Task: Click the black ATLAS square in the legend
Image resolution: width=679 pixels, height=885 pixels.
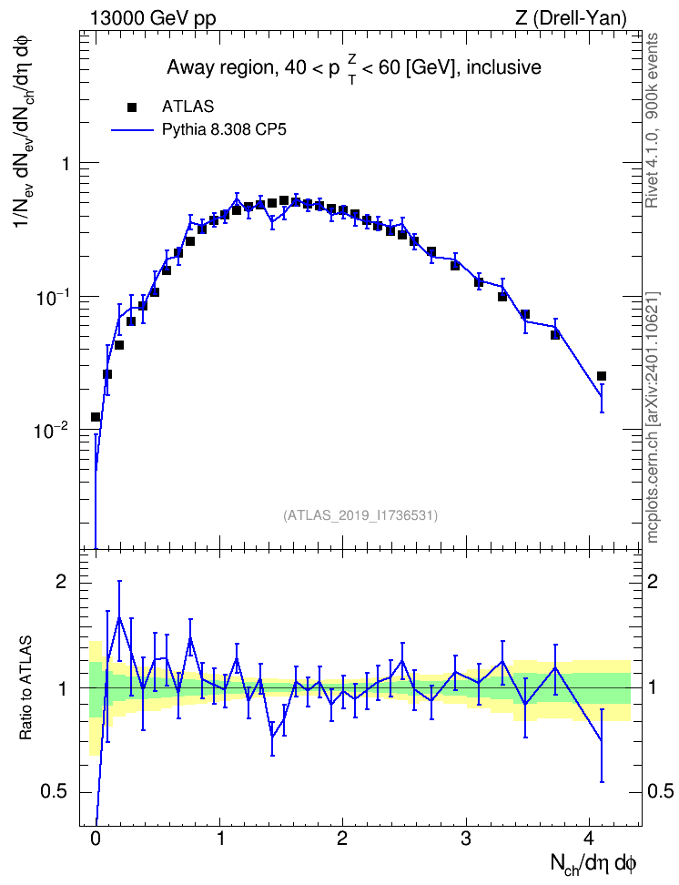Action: pyautogui.click(x=132, y=107)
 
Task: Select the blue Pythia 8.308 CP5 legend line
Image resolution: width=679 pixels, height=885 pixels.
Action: pyautogui.click(x=133, y=130)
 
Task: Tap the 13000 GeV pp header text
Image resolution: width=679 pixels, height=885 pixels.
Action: pyautogui.click(x=153, y=18)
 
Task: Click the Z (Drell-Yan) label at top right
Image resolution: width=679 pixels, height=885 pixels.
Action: pyautogui.click(x=571, y=18)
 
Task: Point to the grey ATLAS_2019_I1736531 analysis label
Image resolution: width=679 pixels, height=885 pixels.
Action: pyautogui.click(x=360, y=514)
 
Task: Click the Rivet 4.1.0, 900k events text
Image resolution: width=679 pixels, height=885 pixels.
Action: pyautogui.click(x=652, y=120)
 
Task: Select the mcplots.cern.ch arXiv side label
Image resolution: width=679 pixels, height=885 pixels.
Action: pyautogui.click(x=652, y=417)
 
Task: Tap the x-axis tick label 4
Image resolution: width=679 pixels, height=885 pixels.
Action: pyautogui.click(x=589, y=839)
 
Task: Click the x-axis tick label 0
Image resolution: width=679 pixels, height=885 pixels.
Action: pyautogui.click(x=96, y=839)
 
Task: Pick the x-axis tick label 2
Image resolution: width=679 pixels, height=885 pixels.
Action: pyautogui.click(x=342, y=839)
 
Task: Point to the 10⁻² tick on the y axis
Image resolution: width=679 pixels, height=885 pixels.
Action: pyautogui.click(x=52, y=430)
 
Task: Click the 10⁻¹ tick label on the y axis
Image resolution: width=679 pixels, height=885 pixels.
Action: pyautogui.click(x=52, y=297)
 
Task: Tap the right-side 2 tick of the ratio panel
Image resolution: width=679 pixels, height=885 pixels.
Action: pyautogui.click(x=653, y=582)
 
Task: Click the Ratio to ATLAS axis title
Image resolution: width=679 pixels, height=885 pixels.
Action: pyautogui.click(x=25, y=688)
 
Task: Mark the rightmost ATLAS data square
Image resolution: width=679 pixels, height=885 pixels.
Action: pyautogui.click(x=602, y=376)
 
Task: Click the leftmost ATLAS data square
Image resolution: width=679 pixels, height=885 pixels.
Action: pyautogui.click(x=96, y=417)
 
